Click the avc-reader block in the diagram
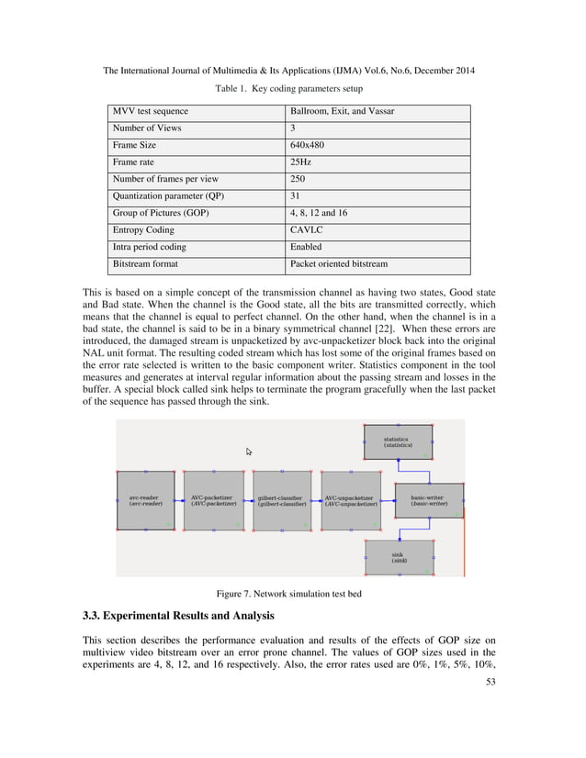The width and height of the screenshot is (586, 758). point(146,501)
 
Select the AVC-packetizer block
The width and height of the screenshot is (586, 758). point(213,501)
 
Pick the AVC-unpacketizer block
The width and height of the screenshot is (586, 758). point(351,501)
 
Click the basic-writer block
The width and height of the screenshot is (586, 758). point(429,501)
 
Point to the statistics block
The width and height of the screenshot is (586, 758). point(397,442)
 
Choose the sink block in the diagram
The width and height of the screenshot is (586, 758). point(399,557)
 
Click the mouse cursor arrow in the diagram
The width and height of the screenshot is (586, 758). point(249,451)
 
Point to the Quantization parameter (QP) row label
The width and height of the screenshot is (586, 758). point(168,196)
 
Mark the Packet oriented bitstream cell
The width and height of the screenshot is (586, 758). point(338,264)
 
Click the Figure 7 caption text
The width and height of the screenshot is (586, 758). point(288,594)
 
